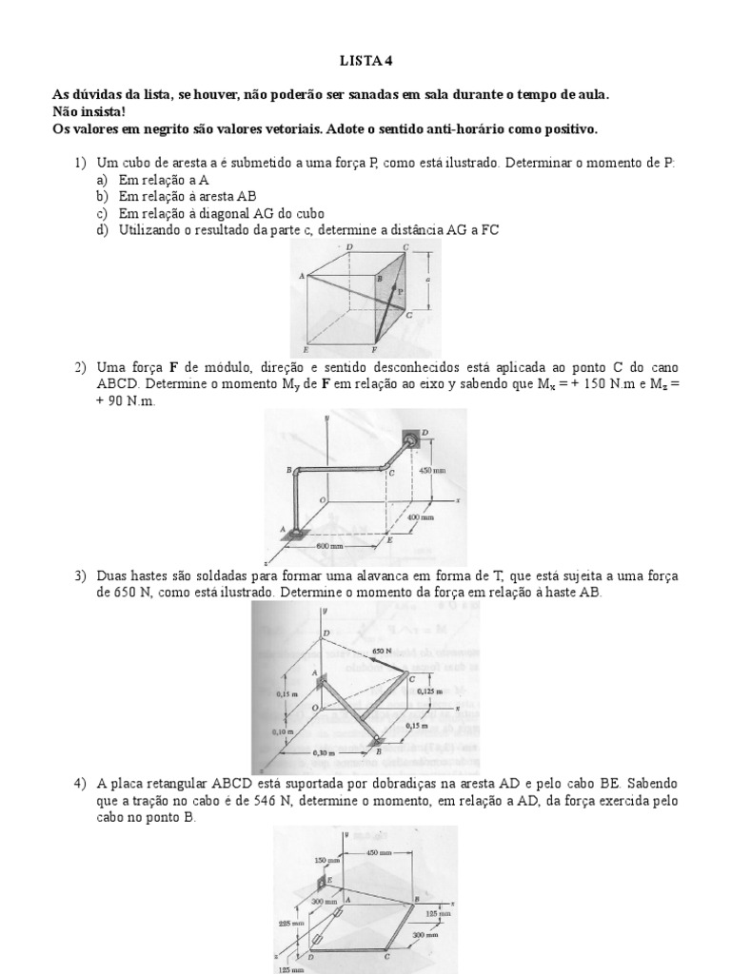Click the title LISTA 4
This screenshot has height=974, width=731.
[365, 62]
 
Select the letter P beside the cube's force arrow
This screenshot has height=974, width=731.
[401, 291]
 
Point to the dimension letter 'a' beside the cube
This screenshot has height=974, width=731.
[429, 280]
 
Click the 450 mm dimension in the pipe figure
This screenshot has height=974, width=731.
[434, 470]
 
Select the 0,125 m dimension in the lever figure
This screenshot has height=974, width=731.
[432, 692]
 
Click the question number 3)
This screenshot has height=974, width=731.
[81, 576]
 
